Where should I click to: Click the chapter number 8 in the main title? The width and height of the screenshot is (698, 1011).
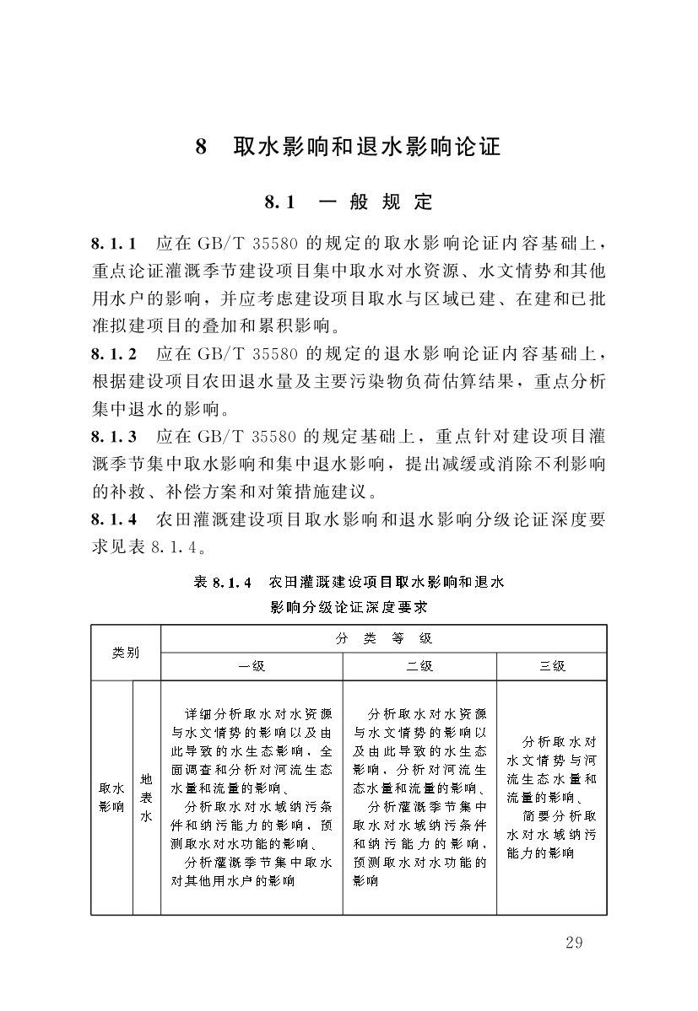tap(201, 148)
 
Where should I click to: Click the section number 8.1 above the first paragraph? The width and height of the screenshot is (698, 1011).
tap(279, 202)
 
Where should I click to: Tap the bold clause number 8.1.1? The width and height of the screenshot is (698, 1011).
tap(115, 245)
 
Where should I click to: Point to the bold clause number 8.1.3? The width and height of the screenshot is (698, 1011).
tap(115, 437)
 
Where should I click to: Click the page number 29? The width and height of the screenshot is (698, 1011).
tap(574, 943)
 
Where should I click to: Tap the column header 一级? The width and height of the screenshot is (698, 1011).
tap(252, 666)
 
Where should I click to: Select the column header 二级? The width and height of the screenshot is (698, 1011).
tap(419, 666)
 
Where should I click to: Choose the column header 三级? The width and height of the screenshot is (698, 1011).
tap(552, 666)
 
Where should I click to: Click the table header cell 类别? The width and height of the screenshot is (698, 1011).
tap(126, 653)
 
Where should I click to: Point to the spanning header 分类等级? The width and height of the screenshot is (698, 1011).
tap(383, 638)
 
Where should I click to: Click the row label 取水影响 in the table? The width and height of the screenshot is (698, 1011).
tap(111, 797)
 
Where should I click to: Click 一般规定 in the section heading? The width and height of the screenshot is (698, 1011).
tap(376, 202)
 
